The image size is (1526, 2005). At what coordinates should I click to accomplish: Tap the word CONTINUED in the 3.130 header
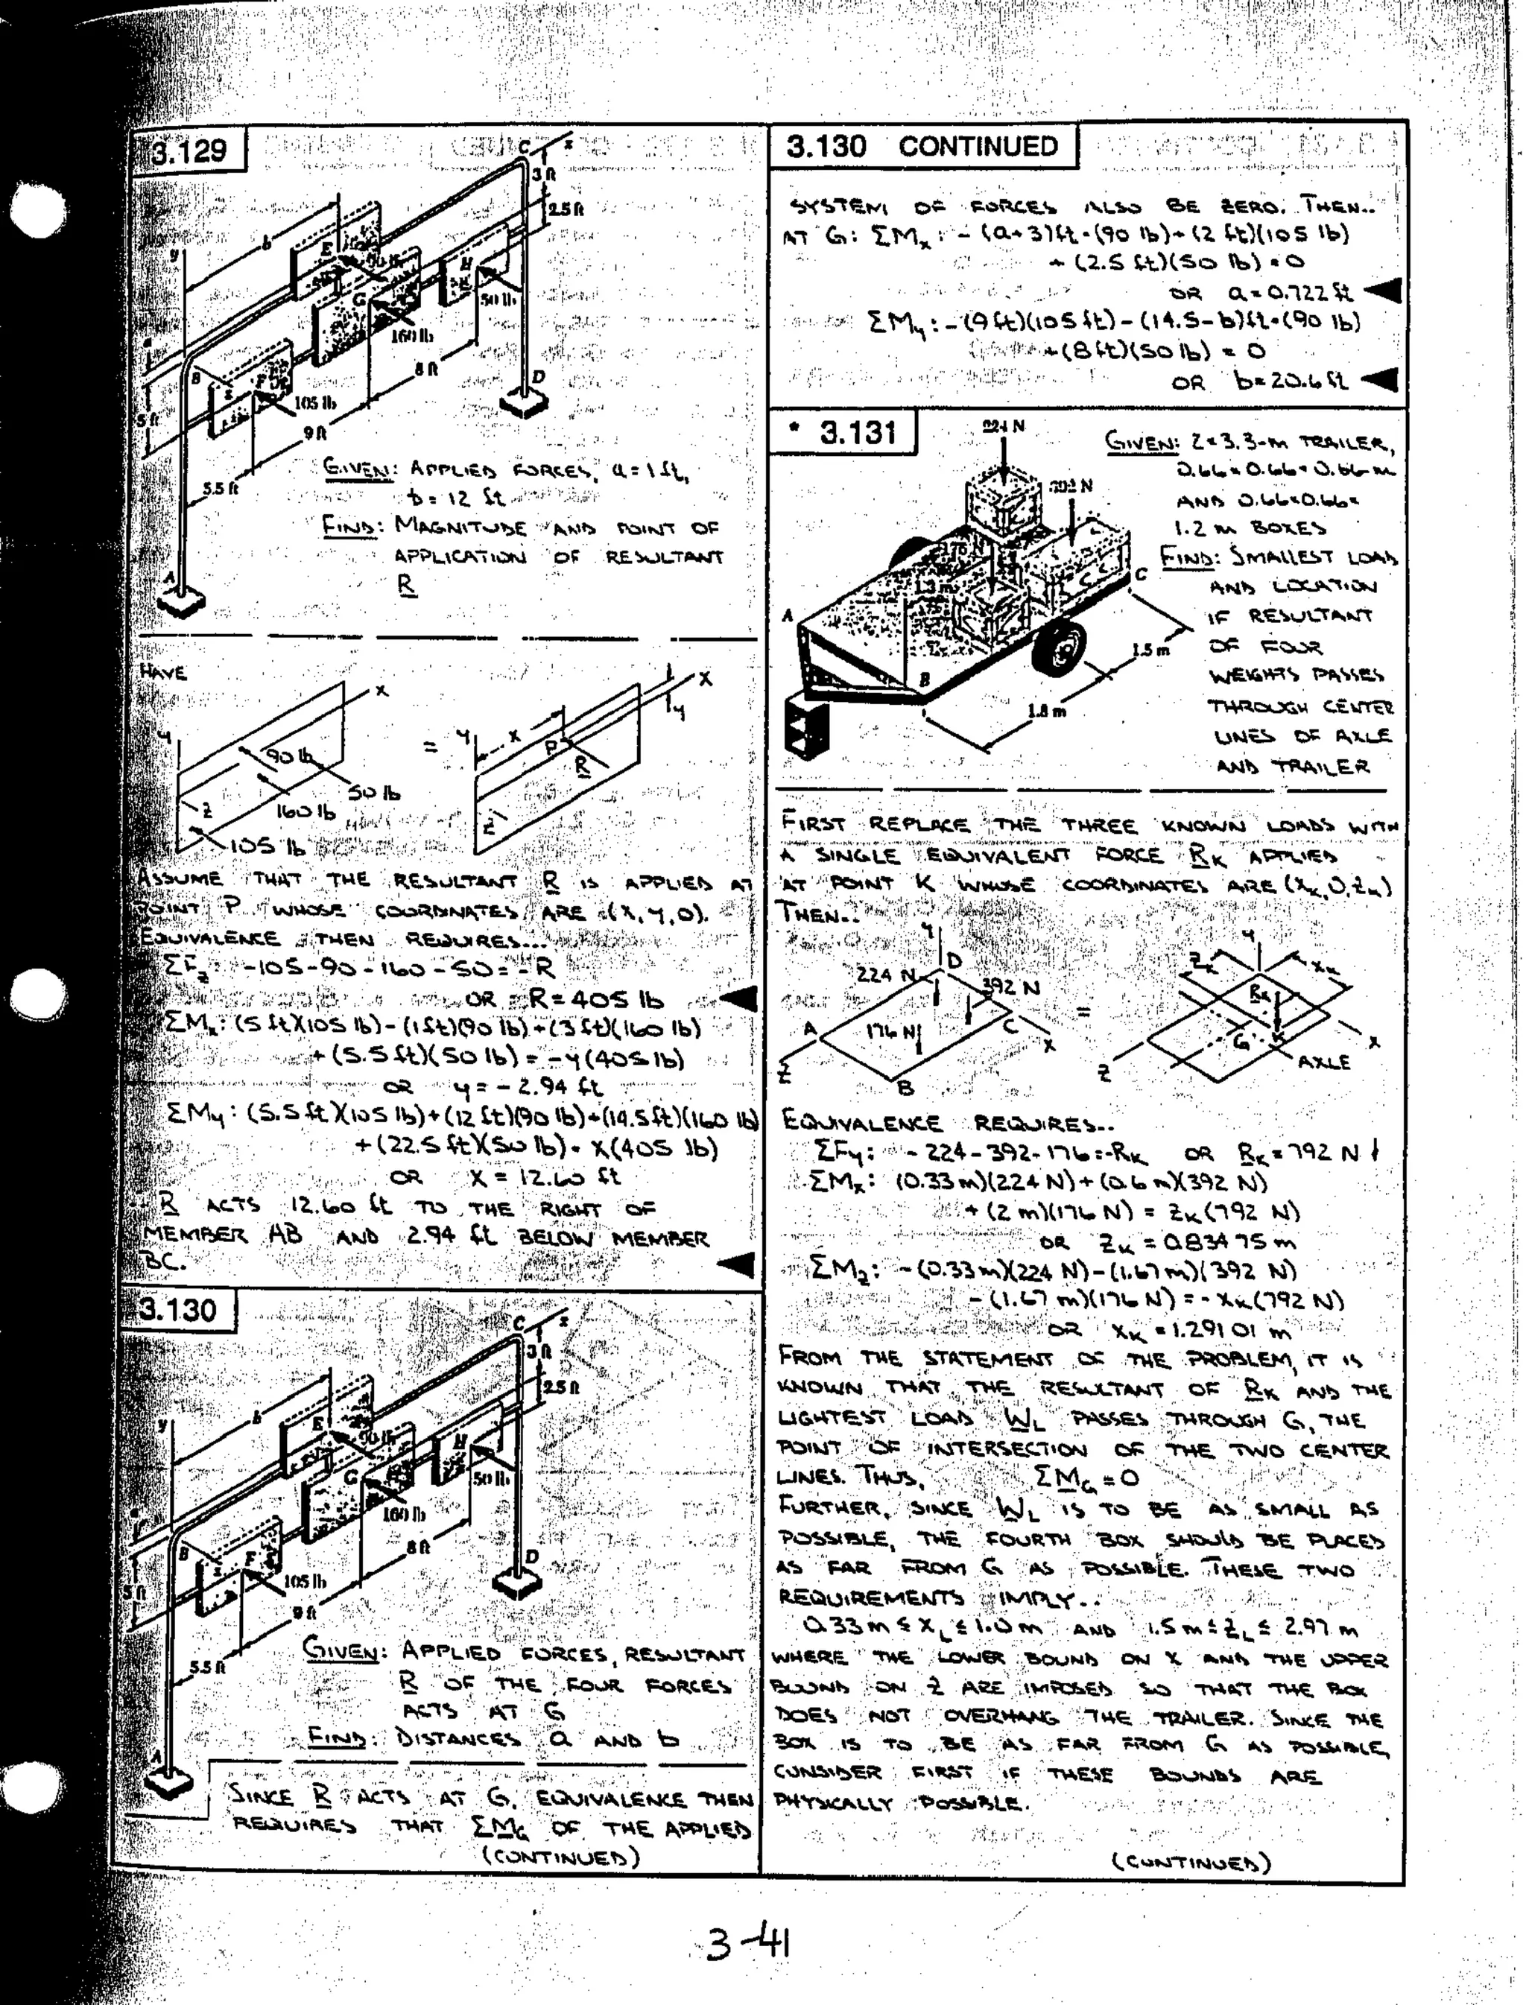[978, 147]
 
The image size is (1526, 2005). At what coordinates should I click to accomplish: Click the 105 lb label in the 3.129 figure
[315, 400]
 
